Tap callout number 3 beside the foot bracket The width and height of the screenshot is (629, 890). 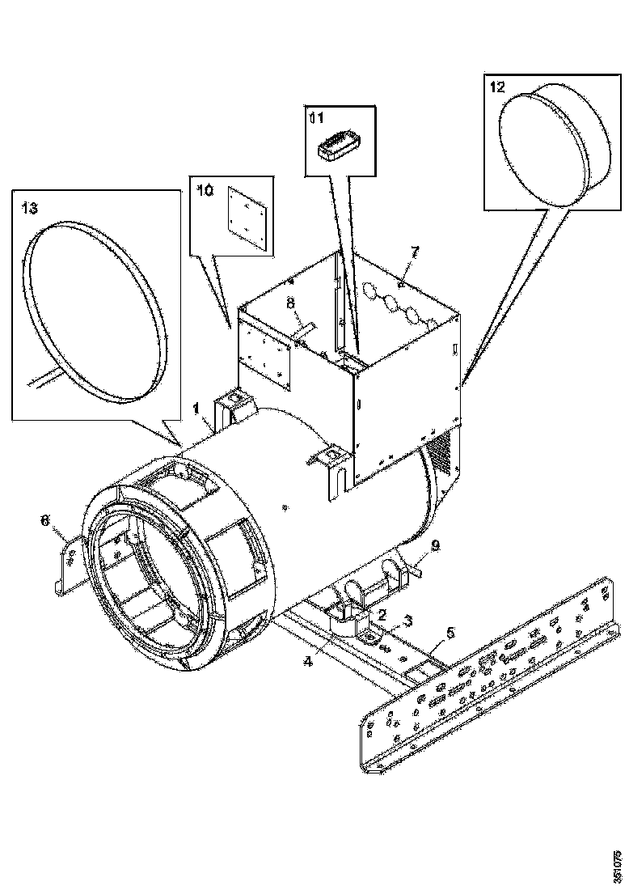(x=407, y=621)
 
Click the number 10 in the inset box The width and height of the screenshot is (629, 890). (x=205, y=189)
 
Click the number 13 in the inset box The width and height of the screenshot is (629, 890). (x=29, y=208)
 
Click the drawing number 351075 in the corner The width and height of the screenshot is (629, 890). (x=618, y=865)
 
